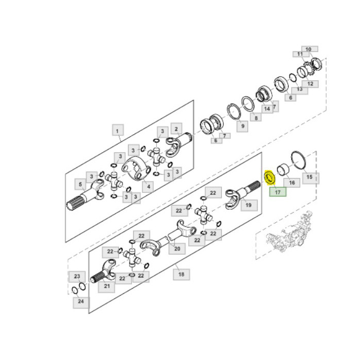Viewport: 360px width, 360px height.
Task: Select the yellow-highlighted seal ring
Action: coord(268,177)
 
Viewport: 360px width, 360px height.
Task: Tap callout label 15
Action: coord(309,177)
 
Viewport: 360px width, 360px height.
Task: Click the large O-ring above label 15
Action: coord(298,159)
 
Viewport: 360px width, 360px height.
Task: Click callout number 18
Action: coord(181,274)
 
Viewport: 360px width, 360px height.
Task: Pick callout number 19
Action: coord(248,205)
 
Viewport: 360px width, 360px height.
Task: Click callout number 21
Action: coord(107,286)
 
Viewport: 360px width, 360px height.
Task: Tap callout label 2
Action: coord(176,129)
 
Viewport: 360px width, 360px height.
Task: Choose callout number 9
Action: coord(241,125)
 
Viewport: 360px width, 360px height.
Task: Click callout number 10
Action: coord(309,49)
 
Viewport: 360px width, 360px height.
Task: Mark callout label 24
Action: coord(81,302)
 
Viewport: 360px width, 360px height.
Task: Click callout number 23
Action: coord(77,276)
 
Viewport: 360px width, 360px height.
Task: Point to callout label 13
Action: coord(299,89)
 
